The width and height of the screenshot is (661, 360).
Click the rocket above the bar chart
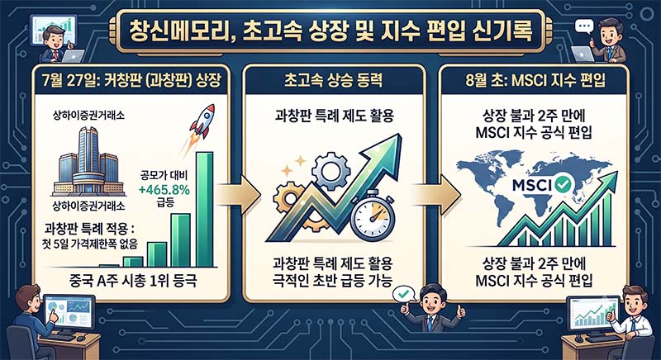point(202,121)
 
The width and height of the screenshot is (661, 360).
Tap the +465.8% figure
point(164,190)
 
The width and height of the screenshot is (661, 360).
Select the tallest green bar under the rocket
point(205,209)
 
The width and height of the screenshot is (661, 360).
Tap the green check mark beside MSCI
point(563,184)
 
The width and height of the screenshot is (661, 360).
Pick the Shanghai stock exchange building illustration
point(88,161)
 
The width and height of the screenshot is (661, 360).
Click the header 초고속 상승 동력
point(333,80)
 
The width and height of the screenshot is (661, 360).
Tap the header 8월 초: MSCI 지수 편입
point(535,80)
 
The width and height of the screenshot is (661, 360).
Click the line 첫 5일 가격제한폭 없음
point(90,244)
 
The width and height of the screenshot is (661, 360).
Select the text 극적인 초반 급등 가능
point(333,280)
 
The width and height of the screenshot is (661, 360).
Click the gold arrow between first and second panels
point(239,196)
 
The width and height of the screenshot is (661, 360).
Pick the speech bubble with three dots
point(584,27)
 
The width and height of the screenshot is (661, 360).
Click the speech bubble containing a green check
point(403,295)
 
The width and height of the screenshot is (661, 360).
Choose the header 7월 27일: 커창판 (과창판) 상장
point(131,80)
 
